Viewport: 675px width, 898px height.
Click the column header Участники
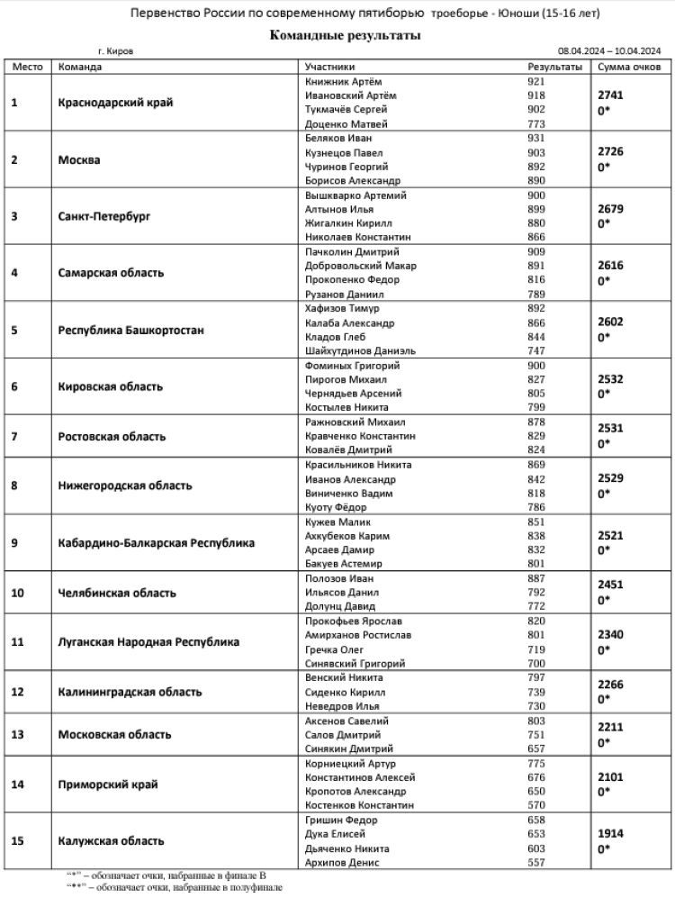(x=329, y=67)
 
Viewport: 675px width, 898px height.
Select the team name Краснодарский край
(x=114, y=103)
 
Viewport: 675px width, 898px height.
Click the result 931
(x=537, y=139)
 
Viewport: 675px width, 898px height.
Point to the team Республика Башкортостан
(x=130, y=331)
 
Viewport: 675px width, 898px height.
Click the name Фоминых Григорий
(x=352, y=366)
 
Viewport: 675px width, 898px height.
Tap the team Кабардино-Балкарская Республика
(x=156, y=543)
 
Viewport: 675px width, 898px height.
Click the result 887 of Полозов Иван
(x=537, y=578)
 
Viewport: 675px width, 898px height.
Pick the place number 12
(x=16, y=693)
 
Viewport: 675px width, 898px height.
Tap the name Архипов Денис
(x=340, y=863)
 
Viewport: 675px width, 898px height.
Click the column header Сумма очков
(x=629, y=67)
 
